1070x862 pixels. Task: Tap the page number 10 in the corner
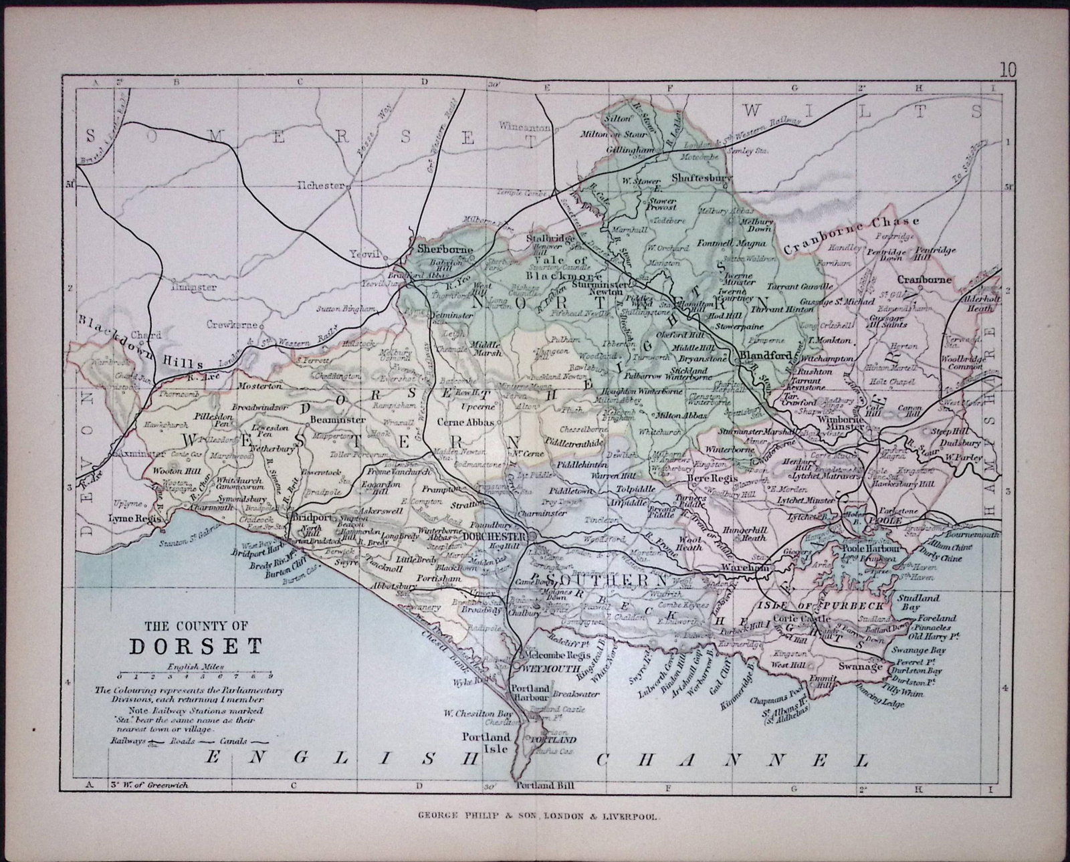(1008, 69)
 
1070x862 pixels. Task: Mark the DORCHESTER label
(495, 537)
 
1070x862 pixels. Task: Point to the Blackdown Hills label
(140, 342)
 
